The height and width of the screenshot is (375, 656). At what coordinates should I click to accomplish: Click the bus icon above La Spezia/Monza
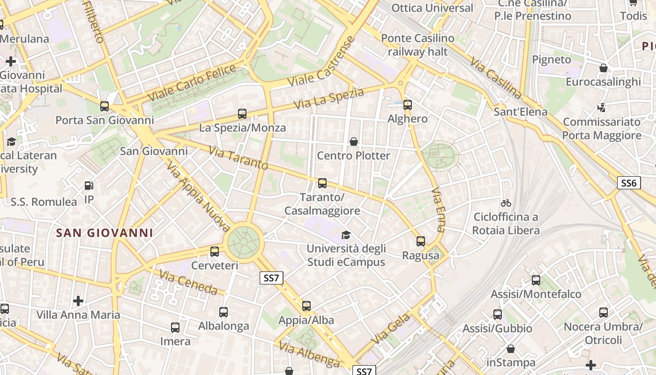242,113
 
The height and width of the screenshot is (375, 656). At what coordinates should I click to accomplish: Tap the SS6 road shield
628,183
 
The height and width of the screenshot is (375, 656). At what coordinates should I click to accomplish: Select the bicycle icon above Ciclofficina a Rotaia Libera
506,203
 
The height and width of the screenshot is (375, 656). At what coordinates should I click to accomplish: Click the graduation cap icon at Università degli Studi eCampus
346,235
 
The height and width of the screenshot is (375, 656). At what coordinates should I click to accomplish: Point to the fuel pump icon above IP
89,186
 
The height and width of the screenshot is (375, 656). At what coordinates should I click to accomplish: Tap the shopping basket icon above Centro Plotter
354,141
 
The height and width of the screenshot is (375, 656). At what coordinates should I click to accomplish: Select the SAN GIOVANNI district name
104,233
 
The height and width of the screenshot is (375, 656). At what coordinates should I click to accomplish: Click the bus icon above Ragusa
421,241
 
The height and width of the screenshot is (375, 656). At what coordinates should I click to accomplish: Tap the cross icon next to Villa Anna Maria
78,300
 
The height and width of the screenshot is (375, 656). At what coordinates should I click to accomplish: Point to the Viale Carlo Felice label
192,83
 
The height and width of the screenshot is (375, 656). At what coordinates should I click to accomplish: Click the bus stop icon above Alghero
407,105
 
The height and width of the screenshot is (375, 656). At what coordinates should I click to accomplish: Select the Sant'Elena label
520,112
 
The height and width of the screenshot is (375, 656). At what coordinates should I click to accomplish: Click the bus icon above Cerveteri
215,252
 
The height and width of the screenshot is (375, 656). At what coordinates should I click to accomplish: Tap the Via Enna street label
438,210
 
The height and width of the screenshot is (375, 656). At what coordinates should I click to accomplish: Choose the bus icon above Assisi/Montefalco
536,280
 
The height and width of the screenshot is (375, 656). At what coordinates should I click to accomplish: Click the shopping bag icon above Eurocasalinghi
604,68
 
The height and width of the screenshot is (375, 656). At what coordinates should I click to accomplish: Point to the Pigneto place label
552,60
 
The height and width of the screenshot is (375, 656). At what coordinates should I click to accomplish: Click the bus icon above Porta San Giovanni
104,106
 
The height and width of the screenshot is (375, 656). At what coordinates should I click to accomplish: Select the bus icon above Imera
175,328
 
